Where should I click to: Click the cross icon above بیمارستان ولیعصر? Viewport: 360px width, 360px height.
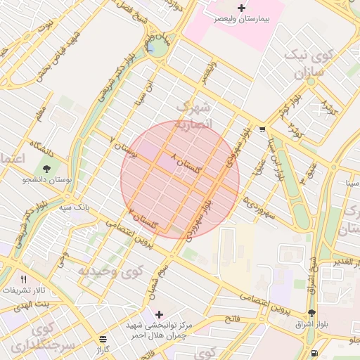(x=242, y=8)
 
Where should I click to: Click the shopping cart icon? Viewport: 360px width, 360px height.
(x=262, y=129)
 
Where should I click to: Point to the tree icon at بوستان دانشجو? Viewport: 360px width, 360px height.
(x=47, y=169)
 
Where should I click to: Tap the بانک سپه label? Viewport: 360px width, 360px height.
(x=73, y=208)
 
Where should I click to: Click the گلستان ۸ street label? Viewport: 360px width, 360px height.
(x=186, y=162)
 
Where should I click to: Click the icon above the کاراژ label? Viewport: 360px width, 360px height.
(x=104, y=339)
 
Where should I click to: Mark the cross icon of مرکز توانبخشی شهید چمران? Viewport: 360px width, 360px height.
(x=159, y=314)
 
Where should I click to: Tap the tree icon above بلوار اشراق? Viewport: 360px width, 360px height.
(x=311, y=313)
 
